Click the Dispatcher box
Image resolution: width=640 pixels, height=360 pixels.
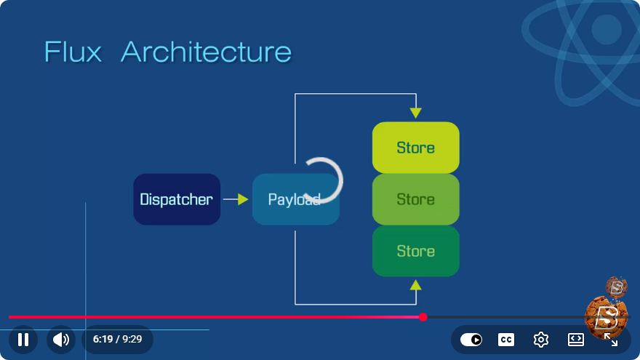click(x=177, y=199)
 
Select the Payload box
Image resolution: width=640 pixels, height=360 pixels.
click(x=295, y=199)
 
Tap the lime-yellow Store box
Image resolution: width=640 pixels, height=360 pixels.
click(x=415, y=148)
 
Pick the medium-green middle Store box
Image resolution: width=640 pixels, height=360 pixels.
click(x=415, y=199)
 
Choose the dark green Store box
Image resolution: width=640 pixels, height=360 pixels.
click(x=415, y=251)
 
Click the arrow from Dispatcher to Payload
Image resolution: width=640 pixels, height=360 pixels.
click(x=236, y=199)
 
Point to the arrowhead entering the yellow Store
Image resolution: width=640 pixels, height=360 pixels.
click(x=415, y=113)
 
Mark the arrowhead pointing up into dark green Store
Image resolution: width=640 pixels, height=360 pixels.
click(x=415, y=285)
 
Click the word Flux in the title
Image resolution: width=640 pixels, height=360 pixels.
click(x=73, y=52)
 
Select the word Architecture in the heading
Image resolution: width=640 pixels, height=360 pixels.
click(x=206, y=52)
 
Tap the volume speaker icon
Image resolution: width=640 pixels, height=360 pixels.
click(x=61, y=339)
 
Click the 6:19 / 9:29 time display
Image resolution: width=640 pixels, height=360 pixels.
click(x=118, y=339)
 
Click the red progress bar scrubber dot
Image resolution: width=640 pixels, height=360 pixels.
click(x=423, y=317)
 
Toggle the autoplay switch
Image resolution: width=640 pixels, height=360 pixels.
click(x=471, y=340)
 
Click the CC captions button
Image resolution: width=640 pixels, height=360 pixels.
click(x=506, y=340)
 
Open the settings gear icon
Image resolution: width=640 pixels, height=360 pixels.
click(x=541, y=340)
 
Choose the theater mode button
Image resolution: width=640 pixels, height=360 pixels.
click(x=575, y=340)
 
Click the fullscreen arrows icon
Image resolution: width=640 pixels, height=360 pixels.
click(x=611, y=340)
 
